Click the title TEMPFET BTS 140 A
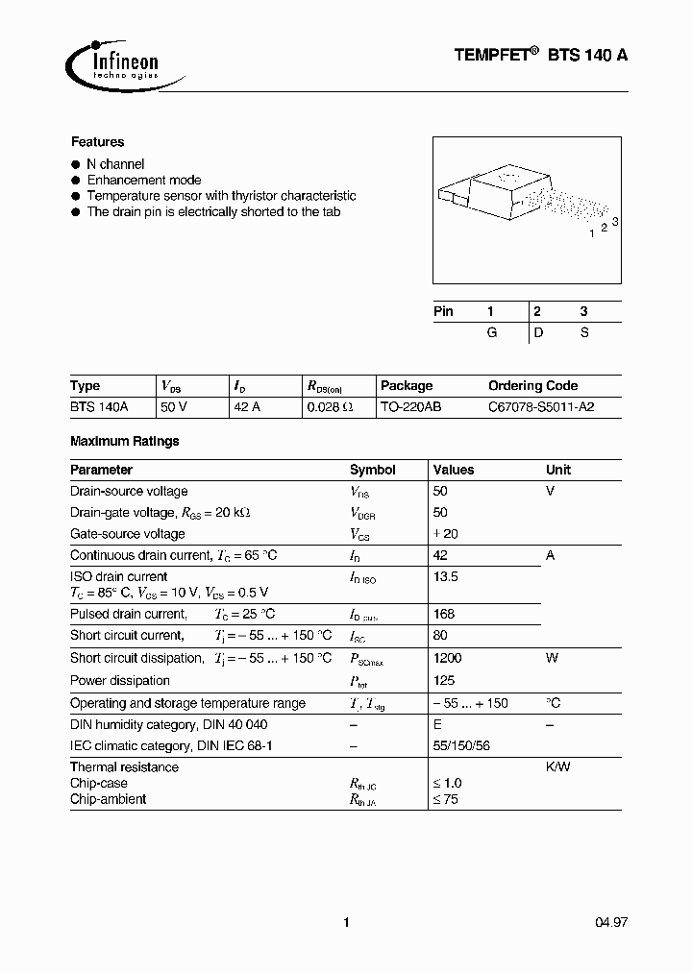click(x=541, y=56)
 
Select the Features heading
click(x=97, y=142)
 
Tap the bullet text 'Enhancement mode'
click(x=144, y=180)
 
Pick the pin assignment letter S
click(x=583, y=332)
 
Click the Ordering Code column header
click(x=532, y=386)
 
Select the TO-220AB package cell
click(x=410, y=407)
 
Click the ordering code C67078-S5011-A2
click(x=541, y=407)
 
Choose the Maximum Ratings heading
click(x=125, y=442)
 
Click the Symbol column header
click(x=372, y=471)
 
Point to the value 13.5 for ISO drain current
click(x=446, y=577)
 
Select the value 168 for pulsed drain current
click(x=444, y=614)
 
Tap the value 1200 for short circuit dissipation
click(x=448, y=659)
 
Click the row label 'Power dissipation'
click(x=120, y=681)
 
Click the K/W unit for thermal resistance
click(x=559, y=767)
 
